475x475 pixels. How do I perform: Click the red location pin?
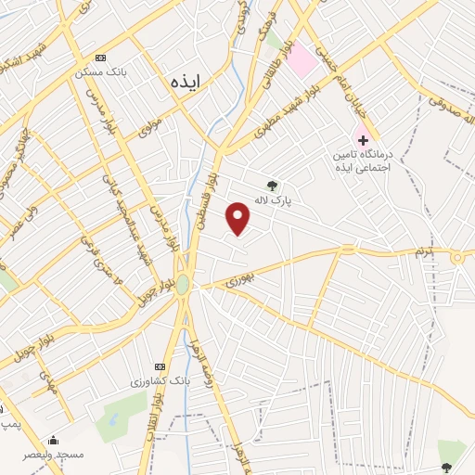pyautogui.click(x=238, y=218)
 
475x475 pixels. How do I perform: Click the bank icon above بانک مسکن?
pyautogui.click(x=100, y=58)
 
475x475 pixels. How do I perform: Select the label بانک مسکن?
pyautogui.click(x=101, y=71)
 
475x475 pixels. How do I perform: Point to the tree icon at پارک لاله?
pyautogui.click(x=271, y=185)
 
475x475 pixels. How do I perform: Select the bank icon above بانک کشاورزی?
pyautogui.click(x=160, y=366)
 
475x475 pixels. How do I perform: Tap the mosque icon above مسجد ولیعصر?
pyautogui.click(x=54, y=440)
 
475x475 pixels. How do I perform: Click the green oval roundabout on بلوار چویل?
pyautogui.click(x=184, y=284)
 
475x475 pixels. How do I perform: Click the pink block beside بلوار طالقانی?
pyautogui.click(x=302, y=61)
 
